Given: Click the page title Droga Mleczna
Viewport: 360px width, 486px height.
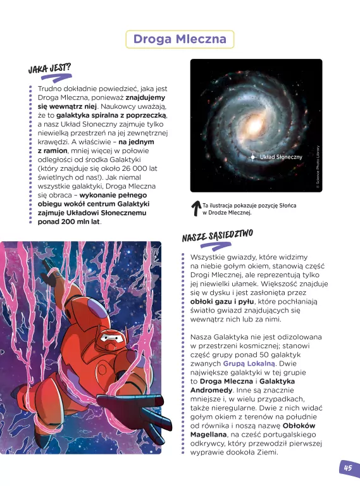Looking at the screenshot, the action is pos(179,40).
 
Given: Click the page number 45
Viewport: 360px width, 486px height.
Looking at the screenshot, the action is pos(347,468).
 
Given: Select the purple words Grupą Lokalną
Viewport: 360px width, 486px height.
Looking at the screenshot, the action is pos(249,364).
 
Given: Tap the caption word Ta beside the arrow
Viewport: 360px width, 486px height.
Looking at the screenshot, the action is pos(206,206).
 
